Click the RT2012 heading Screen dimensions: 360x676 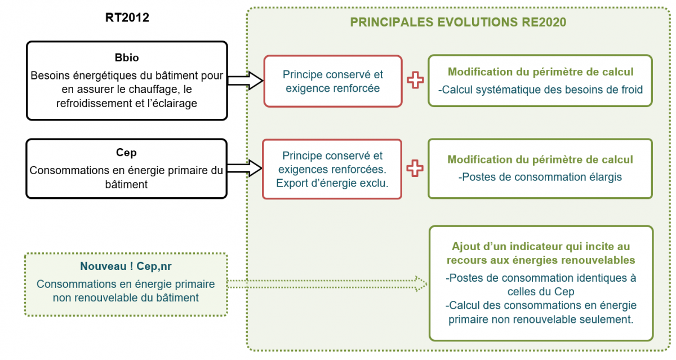coord(127,17)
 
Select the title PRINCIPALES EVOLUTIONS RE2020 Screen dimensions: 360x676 coord(458,23)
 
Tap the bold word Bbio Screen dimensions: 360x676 coord(126,58)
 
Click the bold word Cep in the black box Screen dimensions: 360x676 coord(126,153)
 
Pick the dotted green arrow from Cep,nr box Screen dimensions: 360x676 coord(327,283)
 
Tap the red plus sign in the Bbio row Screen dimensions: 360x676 coord(415,81)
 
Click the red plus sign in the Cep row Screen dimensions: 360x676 coord(415,168)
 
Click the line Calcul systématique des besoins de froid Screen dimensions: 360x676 coord(540,90)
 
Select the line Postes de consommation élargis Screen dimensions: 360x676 coord(540,177)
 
